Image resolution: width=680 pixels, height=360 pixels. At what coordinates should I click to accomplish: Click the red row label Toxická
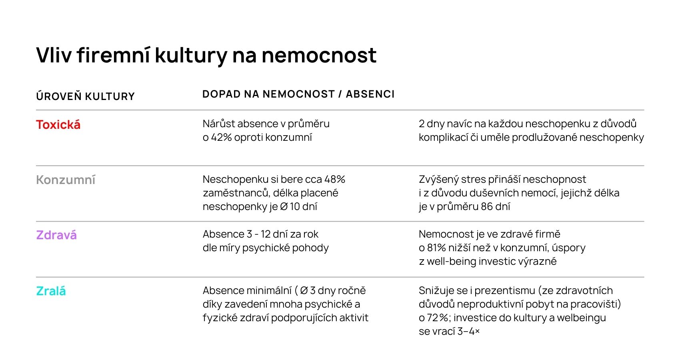click(x=58, y=125)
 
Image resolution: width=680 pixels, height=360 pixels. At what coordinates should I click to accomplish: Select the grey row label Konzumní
click(x=66, y=180)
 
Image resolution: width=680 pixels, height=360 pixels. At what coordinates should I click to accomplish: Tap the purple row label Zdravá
click(x=56, y=235)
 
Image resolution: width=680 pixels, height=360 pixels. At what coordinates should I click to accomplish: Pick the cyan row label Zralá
click(x=51, y=291)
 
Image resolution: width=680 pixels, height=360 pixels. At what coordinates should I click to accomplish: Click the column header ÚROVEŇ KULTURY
click(x=85, y=96)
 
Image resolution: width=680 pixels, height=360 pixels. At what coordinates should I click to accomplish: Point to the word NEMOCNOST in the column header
click(x=298, y=94)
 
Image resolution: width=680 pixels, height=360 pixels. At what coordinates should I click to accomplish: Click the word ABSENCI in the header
click(x=370, y=94)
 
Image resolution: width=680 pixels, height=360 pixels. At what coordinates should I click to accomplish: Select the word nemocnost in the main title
click(x=319, y=55)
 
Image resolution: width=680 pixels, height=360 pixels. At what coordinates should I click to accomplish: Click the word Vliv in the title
click(x=54, y=55)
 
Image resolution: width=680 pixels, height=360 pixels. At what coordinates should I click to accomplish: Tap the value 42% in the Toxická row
click(x=221, y=137)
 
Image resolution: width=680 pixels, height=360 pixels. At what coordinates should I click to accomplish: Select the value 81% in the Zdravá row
click(x=436, y=248)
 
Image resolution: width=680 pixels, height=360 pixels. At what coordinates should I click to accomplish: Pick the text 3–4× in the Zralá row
click(x=468, y=331)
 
